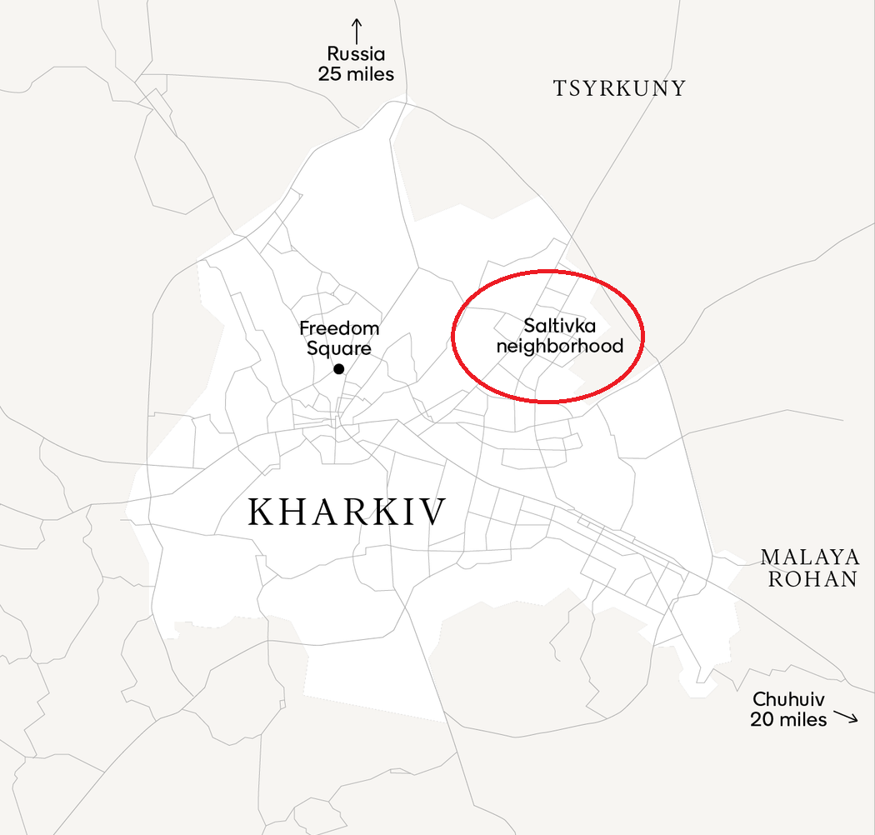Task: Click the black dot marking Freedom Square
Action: click(338, 369)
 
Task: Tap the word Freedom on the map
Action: click(339, 328)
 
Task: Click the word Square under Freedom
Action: click(338, 348)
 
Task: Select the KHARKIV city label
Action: click(347, 512)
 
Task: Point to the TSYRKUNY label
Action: click(619, 88)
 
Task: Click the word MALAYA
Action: click(810, 557)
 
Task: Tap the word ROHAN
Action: click(812, 579)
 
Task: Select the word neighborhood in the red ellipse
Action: click(560, 345)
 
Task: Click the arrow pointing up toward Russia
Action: click(357, 30)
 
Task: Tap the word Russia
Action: click(356, 54)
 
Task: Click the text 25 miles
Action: click(356, 74)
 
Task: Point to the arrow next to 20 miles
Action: click(846, 717)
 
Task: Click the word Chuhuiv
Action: click(789, 699)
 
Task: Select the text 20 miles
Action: click(788, 719)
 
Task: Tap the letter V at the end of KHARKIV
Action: click(433, 512)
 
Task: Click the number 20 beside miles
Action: click(762, 719)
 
